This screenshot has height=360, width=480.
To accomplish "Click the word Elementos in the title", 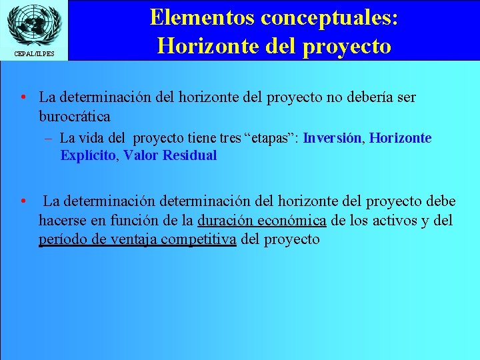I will (x=200, y=17).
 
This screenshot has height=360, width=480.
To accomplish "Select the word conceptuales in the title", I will (x=329, y=17).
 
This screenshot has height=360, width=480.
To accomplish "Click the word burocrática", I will (x=75, y=116).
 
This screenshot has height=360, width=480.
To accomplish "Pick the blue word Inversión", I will (x=332, y=139).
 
